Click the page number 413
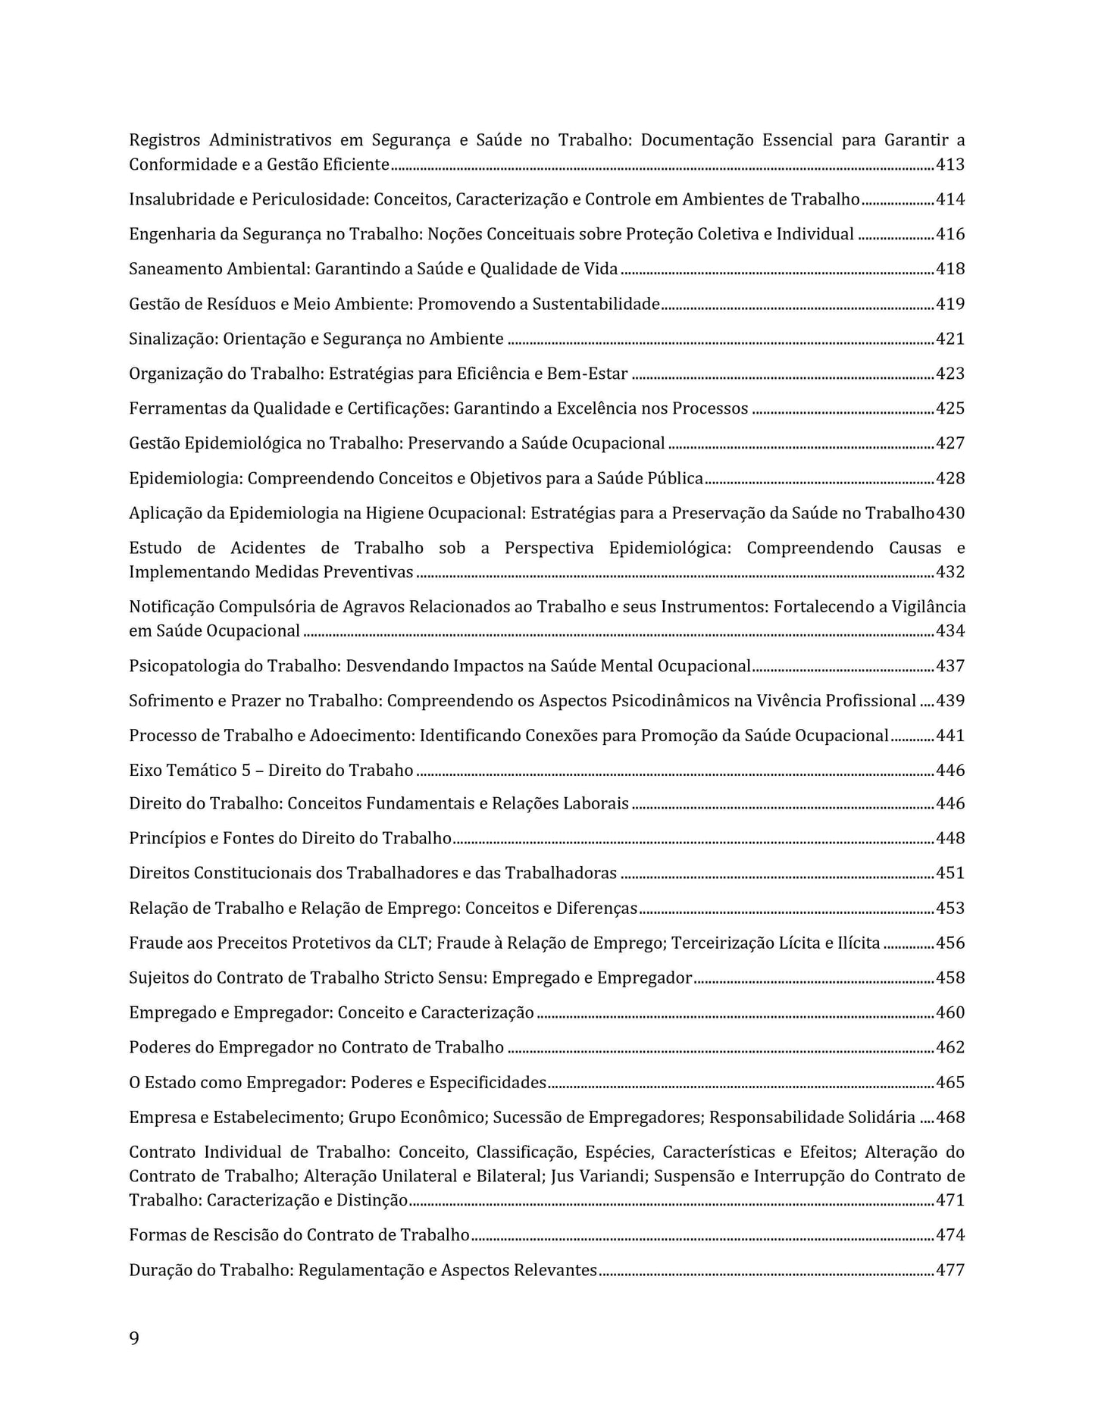click(950, 164)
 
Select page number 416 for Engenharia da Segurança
click(950, 234)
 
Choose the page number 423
click(950, 374)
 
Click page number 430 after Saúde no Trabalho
click(950, 513)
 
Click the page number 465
click(950, 1082)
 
